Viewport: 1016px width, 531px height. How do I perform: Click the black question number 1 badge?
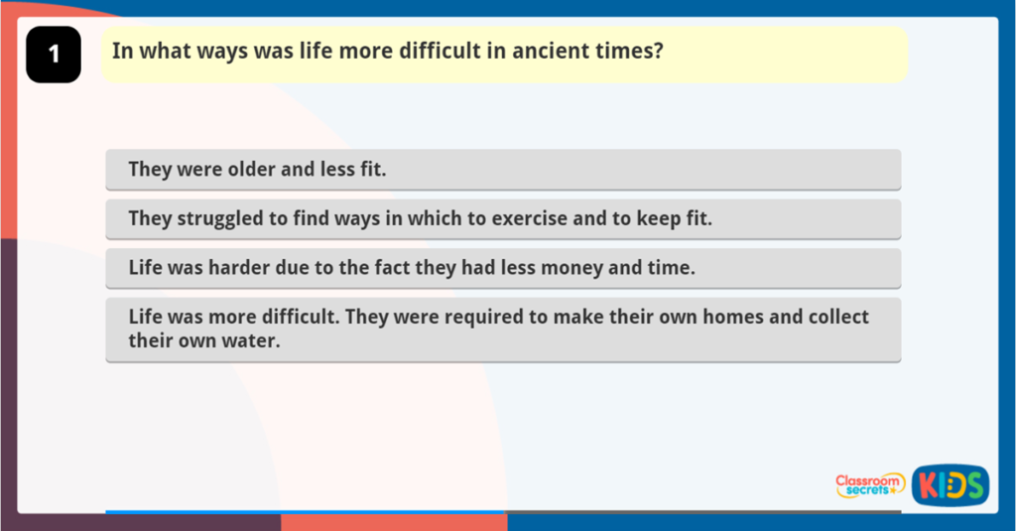pos(53,55)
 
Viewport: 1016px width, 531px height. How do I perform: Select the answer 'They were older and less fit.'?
pos(503,170)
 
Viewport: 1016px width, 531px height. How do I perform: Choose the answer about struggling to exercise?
pos(503,219)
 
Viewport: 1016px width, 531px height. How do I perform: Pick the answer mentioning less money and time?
pos(503,268)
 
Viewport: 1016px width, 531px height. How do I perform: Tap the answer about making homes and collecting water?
pos(503,329)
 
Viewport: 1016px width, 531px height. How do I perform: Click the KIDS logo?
pos(950,484)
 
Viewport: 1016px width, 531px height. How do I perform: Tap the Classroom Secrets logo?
pos(869,484)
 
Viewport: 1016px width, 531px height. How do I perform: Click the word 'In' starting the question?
pos(121,52)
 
